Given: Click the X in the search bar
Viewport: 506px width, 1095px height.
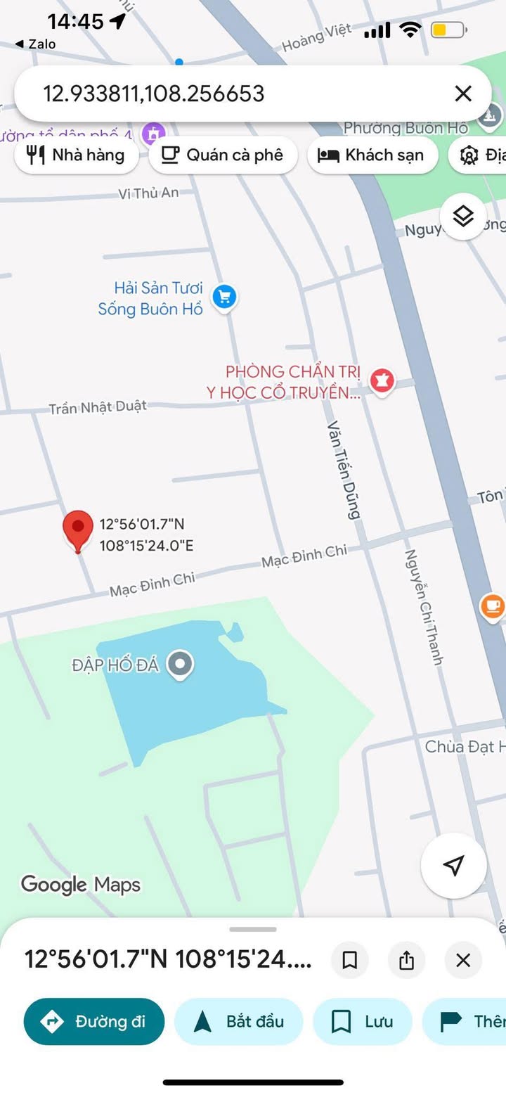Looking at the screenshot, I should [463, 94].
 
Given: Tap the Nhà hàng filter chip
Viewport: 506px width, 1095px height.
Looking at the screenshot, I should [77, 155].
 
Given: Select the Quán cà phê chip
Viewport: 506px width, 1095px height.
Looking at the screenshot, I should [223, 155].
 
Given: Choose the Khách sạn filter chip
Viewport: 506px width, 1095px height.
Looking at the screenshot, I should [372, 155].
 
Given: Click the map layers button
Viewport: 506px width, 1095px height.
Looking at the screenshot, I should [463, 217].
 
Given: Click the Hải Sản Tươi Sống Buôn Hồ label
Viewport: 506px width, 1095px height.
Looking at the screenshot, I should [150, 298].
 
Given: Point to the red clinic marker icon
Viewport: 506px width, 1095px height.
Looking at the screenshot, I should [382, 380].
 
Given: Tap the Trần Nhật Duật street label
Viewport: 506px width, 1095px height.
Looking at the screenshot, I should [98, 406].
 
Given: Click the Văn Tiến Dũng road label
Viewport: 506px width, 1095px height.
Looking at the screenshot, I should [344, 470].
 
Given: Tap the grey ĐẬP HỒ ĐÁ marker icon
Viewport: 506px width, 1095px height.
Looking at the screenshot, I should [182, 663].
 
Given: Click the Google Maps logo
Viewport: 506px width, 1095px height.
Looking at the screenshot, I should [81, 885].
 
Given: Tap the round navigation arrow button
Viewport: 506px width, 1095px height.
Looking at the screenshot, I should [454, 865].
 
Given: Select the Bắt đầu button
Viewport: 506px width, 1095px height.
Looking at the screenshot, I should [238, 1021].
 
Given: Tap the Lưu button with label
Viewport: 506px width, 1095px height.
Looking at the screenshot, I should [362, 1021].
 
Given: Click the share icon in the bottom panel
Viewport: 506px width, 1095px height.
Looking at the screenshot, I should [407, 960].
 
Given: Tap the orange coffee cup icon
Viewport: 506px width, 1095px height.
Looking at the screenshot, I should [493, 606].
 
